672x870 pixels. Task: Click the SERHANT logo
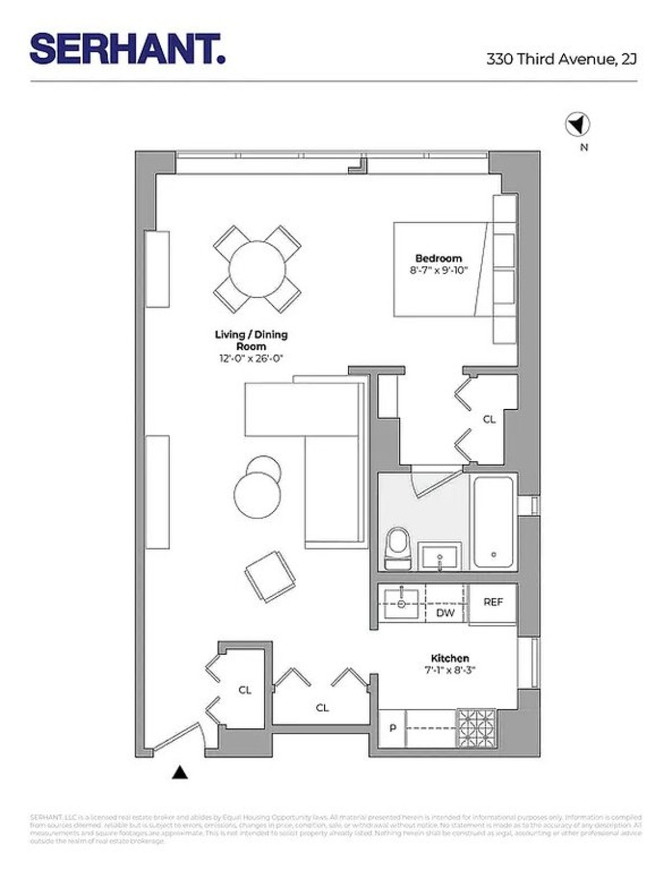coord(128,49)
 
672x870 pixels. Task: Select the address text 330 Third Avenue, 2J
coord(561,59)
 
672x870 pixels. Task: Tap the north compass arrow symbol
coord(577,124)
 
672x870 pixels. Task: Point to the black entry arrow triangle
coord(179,773)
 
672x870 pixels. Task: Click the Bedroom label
coord(438,258)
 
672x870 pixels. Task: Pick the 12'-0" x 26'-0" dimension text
coord(251,359)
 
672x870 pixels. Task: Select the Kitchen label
coord(450,658)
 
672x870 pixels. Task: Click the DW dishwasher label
coord(445,613)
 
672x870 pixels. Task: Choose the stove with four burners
coord(477,727)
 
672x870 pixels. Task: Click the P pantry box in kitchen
coord(393,728)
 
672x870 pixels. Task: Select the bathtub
coord(493,521)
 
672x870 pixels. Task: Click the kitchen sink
coord(402,604)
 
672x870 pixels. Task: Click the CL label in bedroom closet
coord(489,419)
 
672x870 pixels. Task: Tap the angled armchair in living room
coord(270,577)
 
